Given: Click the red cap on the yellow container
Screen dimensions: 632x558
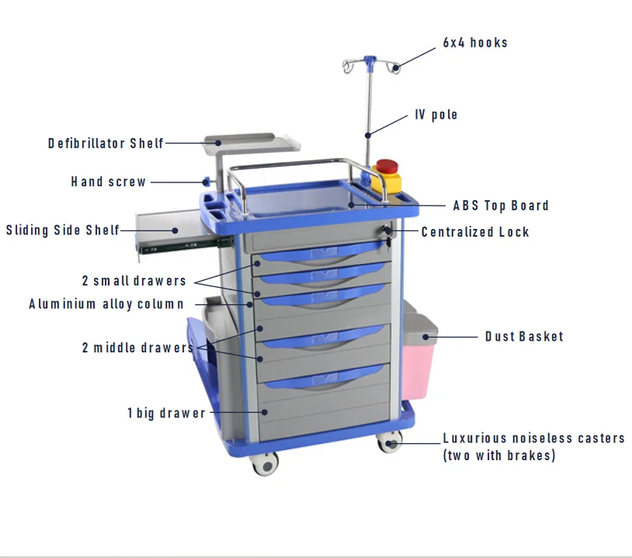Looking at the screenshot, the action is (387, 166).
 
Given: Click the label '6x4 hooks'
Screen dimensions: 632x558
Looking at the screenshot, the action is (475, 43).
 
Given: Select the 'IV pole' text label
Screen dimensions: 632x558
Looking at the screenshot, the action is (436, 114).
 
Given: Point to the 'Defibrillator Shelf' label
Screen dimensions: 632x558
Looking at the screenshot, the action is (106, 143).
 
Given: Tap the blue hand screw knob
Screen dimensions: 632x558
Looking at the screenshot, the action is (207, 182).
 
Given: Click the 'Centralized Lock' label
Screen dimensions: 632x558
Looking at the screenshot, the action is (475, 232).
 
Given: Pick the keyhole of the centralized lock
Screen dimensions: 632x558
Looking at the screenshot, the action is (387, 230).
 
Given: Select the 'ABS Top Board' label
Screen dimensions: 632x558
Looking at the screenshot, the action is (501, 206).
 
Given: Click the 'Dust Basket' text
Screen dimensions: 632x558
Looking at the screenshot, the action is (524, 336).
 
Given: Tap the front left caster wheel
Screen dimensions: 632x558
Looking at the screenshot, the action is (266, 463).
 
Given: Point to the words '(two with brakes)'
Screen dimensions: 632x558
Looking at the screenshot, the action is (499, 456).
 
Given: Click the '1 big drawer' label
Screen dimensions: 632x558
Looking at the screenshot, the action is (166, 413).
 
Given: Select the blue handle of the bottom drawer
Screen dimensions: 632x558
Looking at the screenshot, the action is (325, 377).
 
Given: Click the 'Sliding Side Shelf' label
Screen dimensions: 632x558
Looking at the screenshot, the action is (63, 230).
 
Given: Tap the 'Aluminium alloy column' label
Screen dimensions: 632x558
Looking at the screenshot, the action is (106, 303).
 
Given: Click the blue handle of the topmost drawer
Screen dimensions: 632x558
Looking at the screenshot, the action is (322, 251).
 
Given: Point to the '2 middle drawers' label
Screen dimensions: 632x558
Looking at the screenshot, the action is (138, 347).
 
